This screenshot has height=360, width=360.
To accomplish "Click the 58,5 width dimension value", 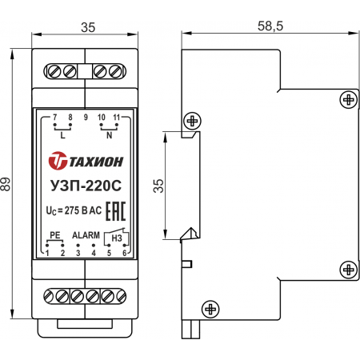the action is (270, 26).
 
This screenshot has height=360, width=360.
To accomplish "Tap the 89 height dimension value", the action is (6, 184).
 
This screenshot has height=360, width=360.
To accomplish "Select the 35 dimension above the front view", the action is (88, 27).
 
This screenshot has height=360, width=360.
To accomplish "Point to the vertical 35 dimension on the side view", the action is (158, 186).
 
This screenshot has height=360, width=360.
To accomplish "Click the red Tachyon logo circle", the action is (58, 161).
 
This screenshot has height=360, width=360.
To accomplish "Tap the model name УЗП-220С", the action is (86, 186).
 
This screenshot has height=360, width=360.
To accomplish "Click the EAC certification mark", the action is (115, 211).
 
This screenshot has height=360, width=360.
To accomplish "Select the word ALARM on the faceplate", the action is (86, 235).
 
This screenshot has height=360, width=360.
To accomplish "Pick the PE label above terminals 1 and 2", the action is (55, 235).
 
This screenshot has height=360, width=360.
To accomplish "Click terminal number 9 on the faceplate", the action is (86, 117).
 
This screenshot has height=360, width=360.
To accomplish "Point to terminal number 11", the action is (117, 117).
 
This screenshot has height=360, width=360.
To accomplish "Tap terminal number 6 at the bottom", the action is (124, 253).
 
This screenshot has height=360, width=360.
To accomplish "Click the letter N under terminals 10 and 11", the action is (109, 135).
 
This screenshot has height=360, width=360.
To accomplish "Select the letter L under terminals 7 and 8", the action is (62, 135).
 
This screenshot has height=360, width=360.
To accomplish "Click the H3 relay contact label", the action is (117, 238).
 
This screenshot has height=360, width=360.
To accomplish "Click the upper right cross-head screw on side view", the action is (349, 100).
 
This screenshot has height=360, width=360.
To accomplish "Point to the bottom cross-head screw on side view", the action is (210, 310).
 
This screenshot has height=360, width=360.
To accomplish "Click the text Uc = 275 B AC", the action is (74, 210).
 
